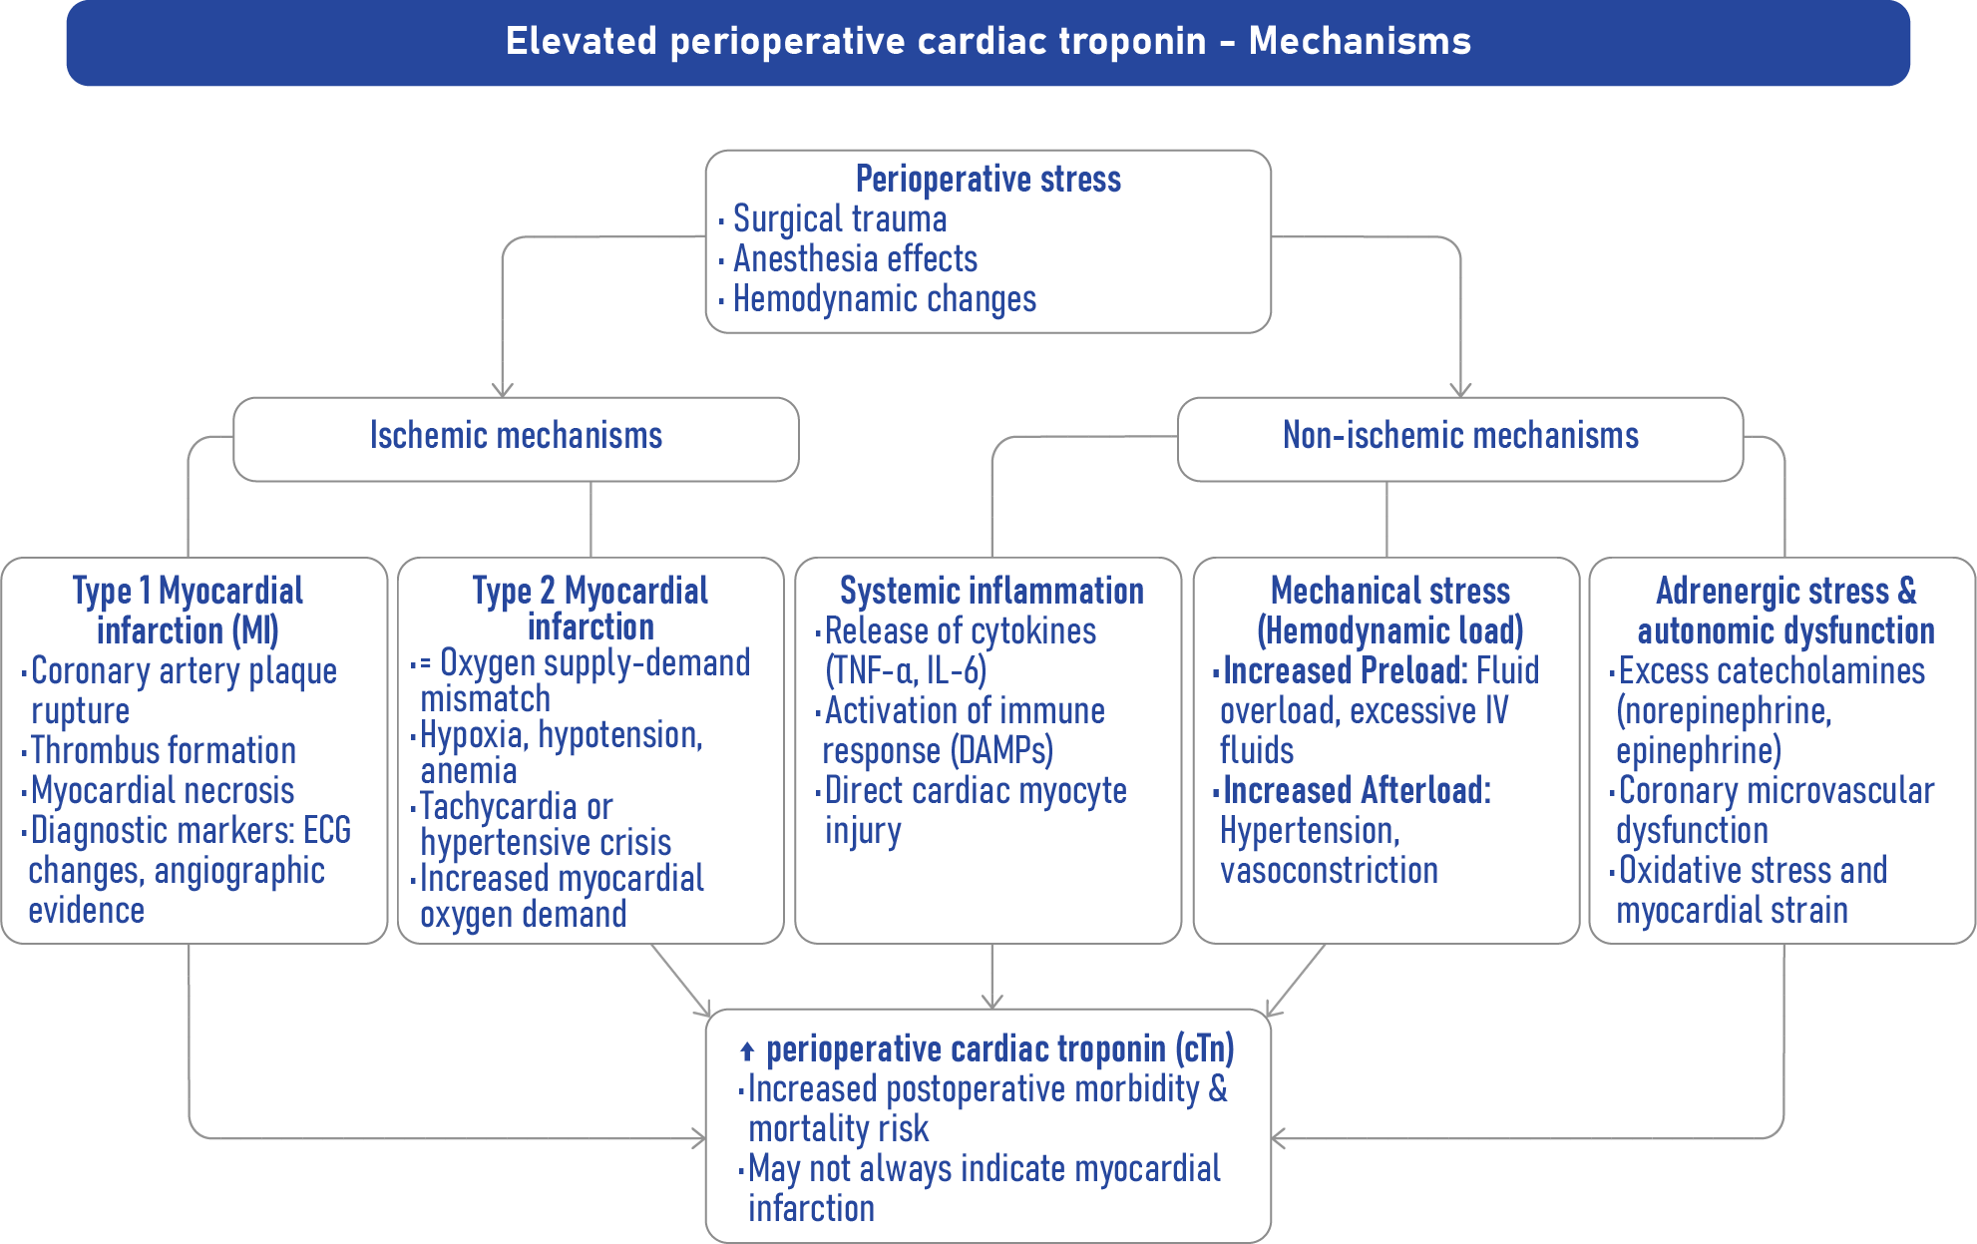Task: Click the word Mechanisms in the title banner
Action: [1360, 41]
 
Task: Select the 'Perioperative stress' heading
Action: [988, 179]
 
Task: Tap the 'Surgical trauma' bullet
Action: [840, 218]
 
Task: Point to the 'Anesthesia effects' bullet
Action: [855, 258]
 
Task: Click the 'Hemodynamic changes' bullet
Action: [885, 298]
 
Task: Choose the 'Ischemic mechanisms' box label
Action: [516, 435]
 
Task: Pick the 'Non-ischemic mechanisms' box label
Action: [1460, 435]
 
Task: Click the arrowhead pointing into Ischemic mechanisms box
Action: [503, 390]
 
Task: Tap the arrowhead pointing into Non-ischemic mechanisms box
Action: [1460, 390]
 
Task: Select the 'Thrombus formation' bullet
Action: [164, 750]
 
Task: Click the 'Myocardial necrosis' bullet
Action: [163, 790]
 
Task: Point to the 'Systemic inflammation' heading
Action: [991, 591]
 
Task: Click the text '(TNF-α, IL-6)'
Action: [906, 670]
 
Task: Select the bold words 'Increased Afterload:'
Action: [1357, 790]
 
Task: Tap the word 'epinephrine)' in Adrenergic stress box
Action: [1699, 750]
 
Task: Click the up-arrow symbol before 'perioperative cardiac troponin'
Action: [747, 1050]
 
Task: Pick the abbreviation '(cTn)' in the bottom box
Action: [1205, 1048]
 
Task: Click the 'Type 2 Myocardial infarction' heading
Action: [591, 608]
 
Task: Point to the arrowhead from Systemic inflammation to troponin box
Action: [992, 1001]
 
